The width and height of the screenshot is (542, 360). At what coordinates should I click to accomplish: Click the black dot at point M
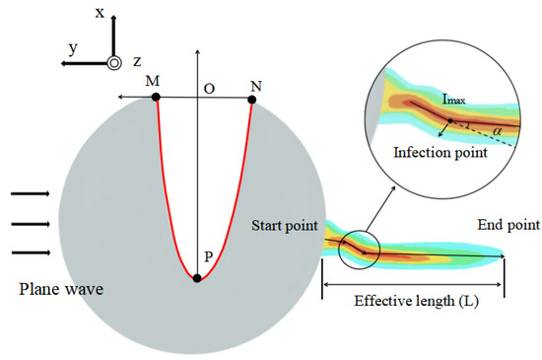pyautogui.click(x=157, y=98)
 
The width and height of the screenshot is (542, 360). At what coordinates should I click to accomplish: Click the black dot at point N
pyautogui.click(x=252, y=98)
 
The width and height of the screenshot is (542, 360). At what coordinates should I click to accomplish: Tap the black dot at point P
pyautogui.click(x=198, y=278)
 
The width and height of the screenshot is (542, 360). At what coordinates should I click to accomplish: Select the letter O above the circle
pyautogui.click(x=209, y=88)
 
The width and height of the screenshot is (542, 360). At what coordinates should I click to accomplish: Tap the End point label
pyautogui.click(x=508, y=225)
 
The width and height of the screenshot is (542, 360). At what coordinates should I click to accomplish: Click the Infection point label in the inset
pyautogui.click(x=440, y=153)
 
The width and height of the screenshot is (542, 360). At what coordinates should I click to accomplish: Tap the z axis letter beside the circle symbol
pyautogui.click(x=137, y=62)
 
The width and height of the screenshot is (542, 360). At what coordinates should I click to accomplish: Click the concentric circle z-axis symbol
pyautogui.click(x=114, y=62)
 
